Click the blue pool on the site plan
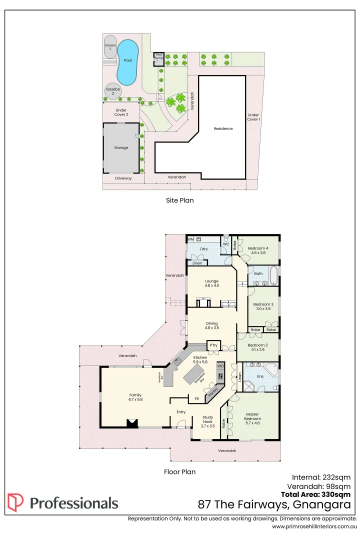127,62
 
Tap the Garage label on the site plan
121,147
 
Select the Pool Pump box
159,56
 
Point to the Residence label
223,128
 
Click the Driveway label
123,178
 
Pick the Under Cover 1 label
253,117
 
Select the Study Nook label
208,419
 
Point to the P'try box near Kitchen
214,345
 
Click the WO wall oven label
220,366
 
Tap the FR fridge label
196,399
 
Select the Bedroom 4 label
258,248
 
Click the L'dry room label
203,249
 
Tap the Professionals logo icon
15,502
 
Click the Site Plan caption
179,200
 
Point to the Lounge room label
211,281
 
